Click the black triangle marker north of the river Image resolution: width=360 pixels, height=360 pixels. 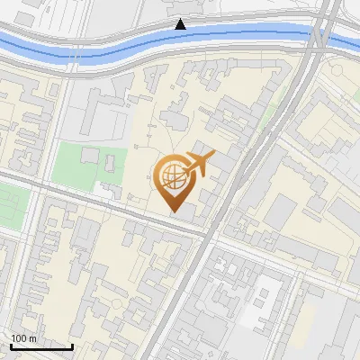(181, 23)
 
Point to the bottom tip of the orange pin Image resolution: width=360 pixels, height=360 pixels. (175, 212)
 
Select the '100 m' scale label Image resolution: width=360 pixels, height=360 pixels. (23, 337)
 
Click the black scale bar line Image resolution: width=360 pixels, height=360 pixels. (40, 346)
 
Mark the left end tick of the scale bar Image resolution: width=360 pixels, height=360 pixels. (10, 345)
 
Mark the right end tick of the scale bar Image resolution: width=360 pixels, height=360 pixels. (72, 345)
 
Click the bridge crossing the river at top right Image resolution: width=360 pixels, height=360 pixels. (321, 36)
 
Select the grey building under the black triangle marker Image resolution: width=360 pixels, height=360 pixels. (181, 10)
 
